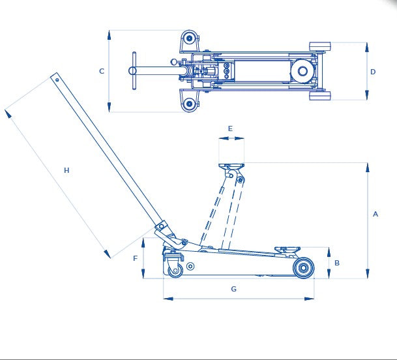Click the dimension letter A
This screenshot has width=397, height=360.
click(375, 214)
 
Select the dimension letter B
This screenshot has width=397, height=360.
click(337, 263)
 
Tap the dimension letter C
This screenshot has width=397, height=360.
click(102, 71)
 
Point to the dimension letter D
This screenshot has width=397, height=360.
click(373, 72)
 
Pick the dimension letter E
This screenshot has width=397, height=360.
click(230, 128)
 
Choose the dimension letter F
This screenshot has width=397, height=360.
click(135, 258)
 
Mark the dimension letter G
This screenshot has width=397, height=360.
click(233, 289)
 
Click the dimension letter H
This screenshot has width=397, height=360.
click(66, 170)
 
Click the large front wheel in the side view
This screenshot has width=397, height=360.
click(304, 268)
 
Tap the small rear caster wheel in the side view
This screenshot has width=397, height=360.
click(175, 271)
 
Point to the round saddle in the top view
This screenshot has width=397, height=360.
click(302, 71)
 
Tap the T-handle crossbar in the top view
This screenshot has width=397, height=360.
click(134, 71)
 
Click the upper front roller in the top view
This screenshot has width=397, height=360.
click(320, 47)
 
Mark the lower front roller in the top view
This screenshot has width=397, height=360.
click(320, 95)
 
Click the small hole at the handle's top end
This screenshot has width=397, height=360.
click(57, 80)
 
